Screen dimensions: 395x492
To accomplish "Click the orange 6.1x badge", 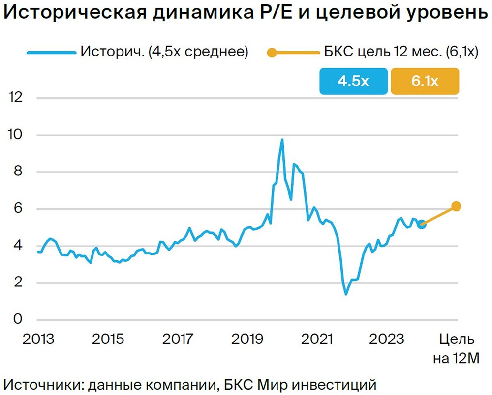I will (425, 81).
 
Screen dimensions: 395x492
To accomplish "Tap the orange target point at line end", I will (456, 206).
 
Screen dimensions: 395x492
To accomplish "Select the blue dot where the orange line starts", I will (422, 225).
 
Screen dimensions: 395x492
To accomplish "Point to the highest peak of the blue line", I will (282, 140).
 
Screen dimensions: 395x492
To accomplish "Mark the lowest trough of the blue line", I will (346, 294).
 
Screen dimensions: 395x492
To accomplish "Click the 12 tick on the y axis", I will (16, 98).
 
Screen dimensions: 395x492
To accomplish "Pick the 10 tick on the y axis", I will (16, 135).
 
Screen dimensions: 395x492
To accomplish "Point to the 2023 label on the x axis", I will (387, 339).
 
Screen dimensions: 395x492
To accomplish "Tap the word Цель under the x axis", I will (456, 339).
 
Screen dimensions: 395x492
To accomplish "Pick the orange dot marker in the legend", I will (271, 52).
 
